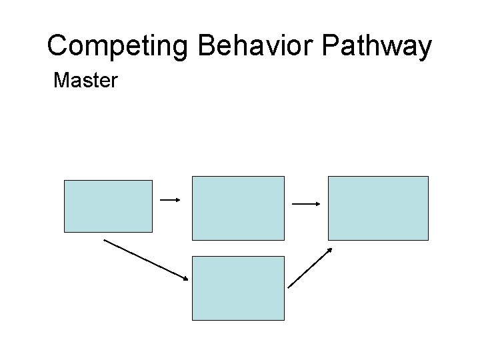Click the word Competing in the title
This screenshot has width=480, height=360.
point(119,47)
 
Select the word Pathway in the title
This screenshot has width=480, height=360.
point(377,47)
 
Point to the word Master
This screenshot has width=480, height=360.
point(85,81)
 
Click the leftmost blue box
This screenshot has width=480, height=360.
point(108,206)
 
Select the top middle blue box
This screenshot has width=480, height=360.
point(238,207)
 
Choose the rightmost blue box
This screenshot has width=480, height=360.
point(378,207)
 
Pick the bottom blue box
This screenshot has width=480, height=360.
point(238,288)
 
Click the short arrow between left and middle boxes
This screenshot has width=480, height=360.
point(171,199)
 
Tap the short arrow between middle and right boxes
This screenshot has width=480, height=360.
point(307,204)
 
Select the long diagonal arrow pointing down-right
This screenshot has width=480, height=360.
point(147,259)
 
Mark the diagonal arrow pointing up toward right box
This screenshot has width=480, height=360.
point(310,267)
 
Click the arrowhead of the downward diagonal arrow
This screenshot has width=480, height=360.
point(187,278)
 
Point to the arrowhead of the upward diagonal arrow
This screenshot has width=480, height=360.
point(330,250)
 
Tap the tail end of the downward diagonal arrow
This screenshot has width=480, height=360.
point(105,241)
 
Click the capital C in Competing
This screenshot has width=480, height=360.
point(59,47)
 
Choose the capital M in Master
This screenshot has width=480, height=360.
point(61,81)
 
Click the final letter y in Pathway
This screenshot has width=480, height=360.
point(425,49)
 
